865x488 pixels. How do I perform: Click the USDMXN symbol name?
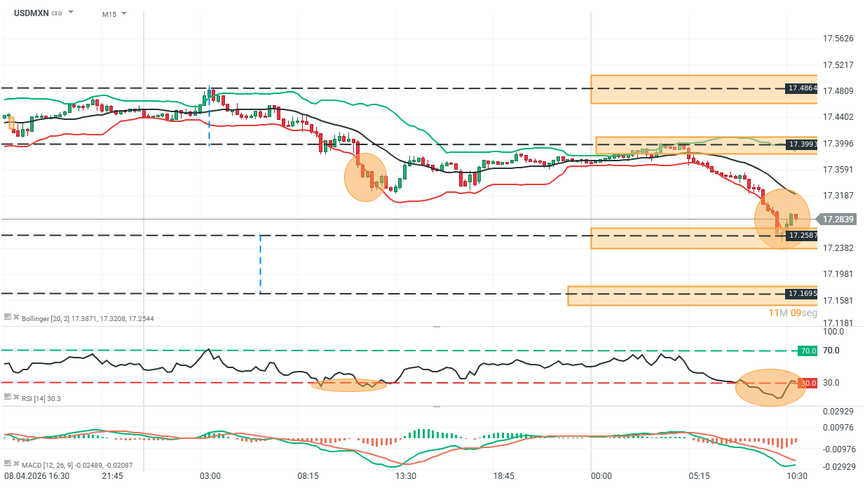coord(31,13)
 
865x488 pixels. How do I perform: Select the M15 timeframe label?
coord(109,14)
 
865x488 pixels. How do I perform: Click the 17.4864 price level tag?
coord(802,88)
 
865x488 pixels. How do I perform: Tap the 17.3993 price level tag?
coord(802,144)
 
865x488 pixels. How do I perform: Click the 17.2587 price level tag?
coord(802,236)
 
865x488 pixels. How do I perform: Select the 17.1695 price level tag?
coord(802,294)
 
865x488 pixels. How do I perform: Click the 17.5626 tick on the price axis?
coord(838,39)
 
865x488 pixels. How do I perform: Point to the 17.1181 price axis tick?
coord(838,323)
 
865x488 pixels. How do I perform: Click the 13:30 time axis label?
coord(406,475)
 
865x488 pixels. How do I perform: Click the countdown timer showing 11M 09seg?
coord(793,313)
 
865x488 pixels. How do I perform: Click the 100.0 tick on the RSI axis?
coord(834,331)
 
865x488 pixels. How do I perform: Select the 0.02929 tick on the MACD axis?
coord(838,411)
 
